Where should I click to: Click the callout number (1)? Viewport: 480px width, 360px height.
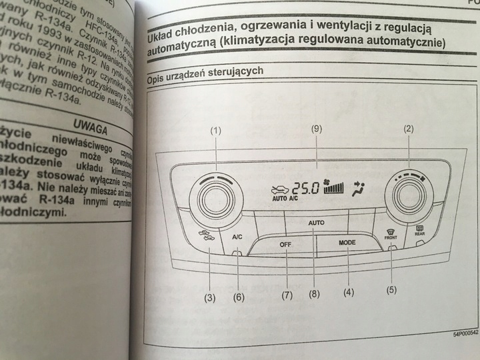tap(215, 131)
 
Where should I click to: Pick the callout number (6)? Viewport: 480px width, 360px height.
tap(239, 297)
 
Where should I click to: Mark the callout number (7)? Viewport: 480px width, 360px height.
tap(287, 295)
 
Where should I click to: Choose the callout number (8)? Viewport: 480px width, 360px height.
tap(314, 293)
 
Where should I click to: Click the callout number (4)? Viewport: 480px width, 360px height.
tap(348, 291)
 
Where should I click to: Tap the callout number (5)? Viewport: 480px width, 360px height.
tap(393, 289)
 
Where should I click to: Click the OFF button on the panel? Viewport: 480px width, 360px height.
tap(286, 244)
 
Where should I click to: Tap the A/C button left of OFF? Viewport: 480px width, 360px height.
tap(237, 237)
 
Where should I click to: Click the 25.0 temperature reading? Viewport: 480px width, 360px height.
tap(305, 187)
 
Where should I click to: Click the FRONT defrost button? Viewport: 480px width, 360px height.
tap(391, 234)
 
